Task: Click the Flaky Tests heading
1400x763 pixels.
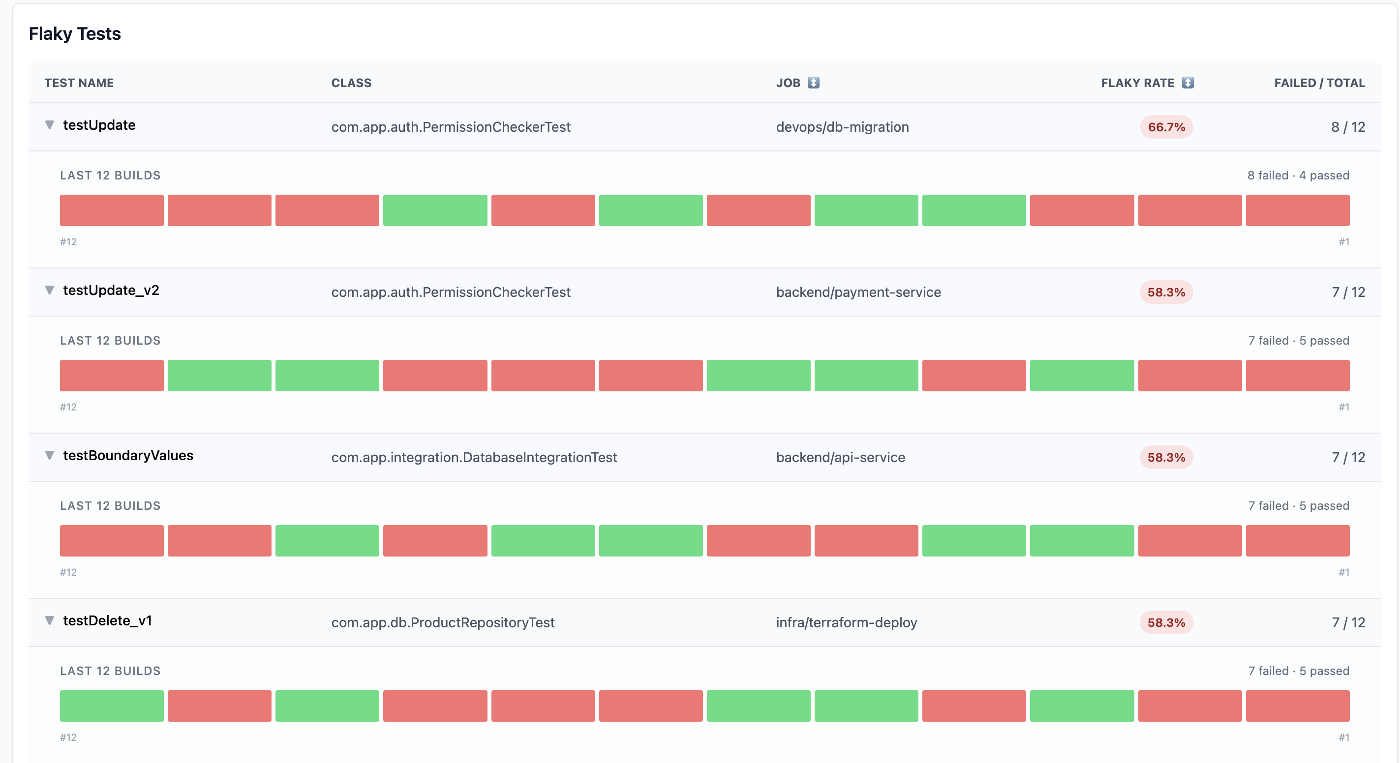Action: pos(75,33)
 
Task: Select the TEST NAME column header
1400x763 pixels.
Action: pos(79,83)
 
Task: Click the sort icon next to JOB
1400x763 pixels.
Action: pos(813,83)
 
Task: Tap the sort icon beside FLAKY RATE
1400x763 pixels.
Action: pos(1188,83)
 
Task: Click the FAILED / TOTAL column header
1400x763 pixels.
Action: pos(1319,83)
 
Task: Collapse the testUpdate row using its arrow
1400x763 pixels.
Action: pos(50,125)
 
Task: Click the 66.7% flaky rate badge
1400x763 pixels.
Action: pos(1166,127)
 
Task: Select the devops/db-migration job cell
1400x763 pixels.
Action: pos(842,127)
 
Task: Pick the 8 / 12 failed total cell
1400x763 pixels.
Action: pos(1348,127)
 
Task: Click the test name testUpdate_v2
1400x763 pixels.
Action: pos(111,291)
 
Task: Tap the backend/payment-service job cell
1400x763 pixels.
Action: pos(858,292)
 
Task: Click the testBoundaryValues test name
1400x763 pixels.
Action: pos(128,456)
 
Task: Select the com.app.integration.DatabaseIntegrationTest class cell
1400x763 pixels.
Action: pos(474,457)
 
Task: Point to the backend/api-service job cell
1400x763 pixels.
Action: pos(840,457)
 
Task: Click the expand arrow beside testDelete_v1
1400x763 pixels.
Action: pos(50,621)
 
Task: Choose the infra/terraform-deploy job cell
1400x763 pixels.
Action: pos(846,622)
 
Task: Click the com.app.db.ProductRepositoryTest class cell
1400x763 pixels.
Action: pos(443,622)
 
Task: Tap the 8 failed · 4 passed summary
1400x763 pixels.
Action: pos(1298,176)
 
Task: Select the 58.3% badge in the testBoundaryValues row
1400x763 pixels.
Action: pos(1166,457)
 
